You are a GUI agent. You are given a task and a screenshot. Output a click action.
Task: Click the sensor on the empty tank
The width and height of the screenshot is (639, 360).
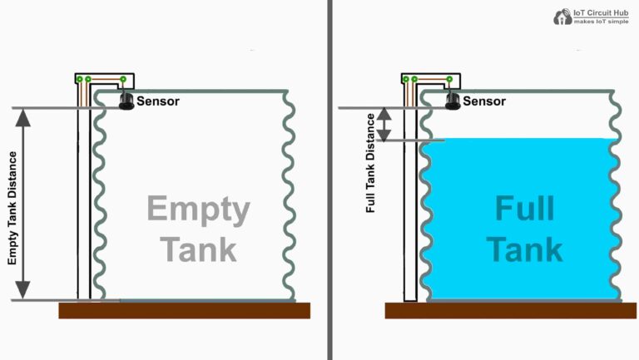click(x=127, y=101)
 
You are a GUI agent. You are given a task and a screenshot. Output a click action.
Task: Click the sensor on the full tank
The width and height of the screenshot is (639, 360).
click(x=453, y=101)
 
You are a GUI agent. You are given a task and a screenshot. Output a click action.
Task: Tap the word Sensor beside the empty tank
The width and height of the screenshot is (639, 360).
click(x=158, y=101)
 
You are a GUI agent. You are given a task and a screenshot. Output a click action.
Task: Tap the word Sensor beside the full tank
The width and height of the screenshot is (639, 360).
click(x=483, y=101)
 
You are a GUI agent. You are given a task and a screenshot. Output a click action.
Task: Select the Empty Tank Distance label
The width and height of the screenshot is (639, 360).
click(x=12, y=208)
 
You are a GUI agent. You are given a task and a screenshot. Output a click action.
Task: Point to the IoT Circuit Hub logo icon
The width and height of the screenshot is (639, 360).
click(x=562, y=15)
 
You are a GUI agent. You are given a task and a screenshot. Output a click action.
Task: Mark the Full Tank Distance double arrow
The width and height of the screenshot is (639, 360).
click(x=384, y=124)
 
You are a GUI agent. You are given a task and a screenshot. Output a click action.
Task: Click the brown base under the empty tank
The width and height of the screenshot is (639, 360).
click(x=184, y=310)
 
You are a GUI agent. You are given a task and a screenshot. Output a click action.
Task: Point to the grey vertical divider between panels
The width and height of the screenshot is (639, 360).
click(x=329, y=180)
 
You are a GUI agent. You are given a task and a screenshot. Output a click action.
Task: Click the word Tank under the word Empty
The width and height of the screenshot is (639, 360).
click(x=198, y=249)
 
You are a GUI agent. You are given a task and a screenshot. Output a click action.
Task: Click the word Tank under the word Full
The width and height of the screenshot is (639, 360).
click(x=524, y=249)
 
